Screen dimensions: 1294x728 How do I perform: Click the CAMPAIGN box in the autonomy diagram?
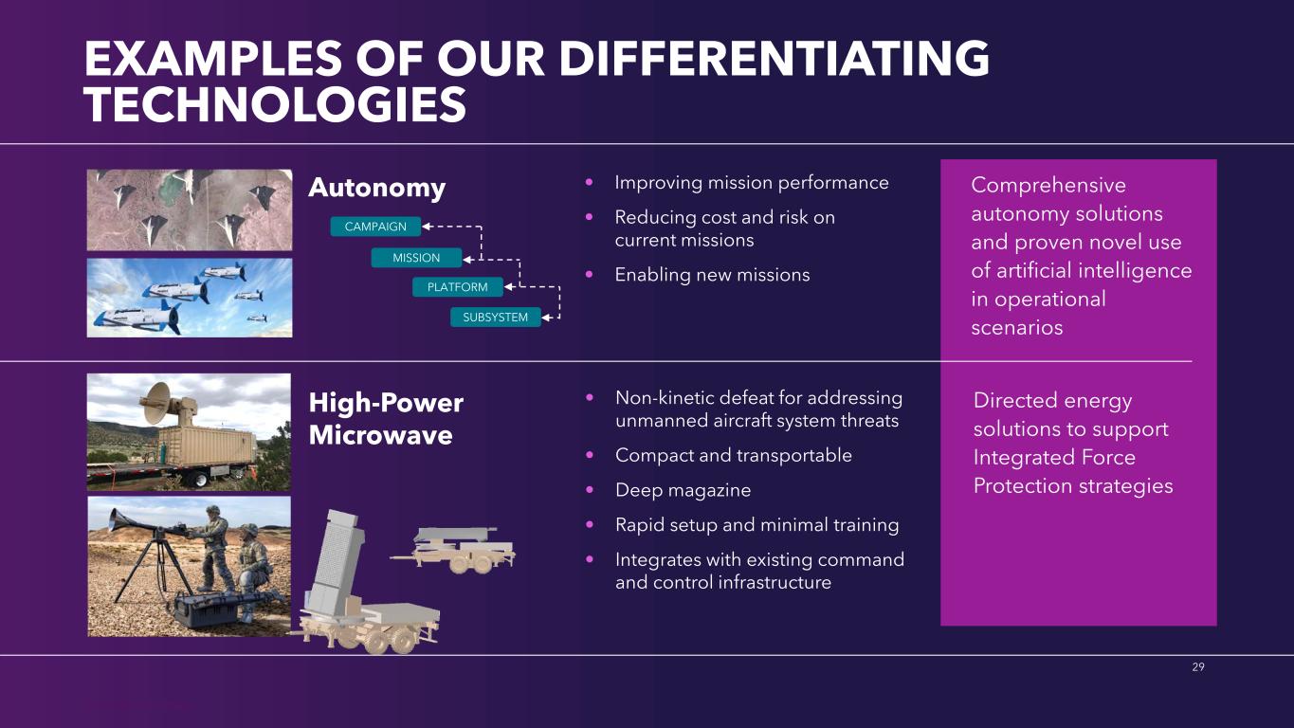tap(375, 227)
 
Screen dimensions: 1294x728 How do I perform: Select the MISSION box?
tap(416, 258)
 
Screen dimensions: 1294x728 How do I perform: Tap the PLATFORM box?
tap(458, 287)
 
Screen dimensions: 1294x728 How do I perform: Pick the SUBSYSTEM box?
tap(496, 318)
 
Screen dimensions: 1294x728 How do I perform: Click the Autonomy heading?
tap(376, 188)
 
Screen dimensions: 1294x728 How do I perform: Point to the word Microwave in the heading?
tap(381, 435)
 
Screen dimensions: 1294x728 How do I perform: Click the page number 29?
tap(1198, 666)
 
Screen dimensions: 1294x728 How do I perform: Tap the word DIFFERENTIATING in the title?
tap(775, 59)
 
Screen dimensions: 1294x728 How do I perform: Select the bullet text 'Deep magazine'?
tap(683, 490)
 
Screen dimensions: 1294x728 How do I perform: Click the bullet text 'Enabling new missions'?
tap(712, 275)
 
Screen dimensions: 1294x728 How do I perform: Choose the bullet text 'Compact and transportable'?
tap(734, 455)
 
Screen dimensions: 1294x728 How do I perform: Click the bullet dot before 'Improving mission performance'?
tap(590, 183)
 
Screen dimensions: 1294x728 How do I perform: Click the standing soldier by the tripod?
tap(215, 548)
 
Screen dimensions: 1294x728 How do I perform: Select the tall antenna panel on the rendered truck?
tap(336, 559)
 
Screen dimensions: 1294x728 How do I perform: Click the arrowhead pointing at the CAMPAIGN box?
tap(427, 227)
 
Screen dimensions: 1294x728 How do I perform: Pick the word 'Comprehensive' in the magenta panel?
tap(1048, 186)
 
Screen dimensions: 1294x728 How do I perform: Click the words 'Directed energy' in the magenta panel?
tap(1052, 400)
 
